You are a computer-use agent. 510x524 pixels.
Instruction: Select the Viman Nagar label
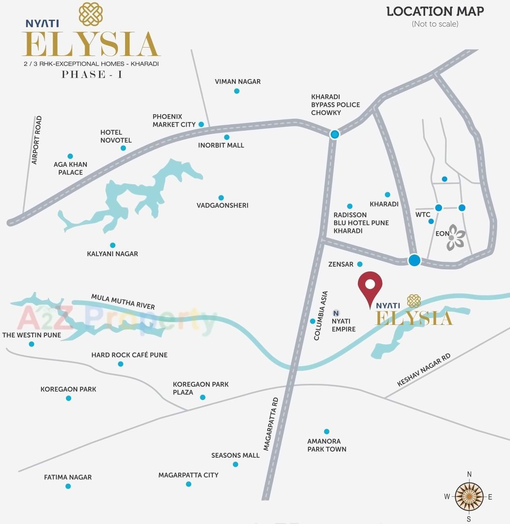(x=237, y=82)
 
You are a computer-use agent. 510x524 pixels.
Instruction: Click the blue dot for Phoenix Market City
(x=201, y=125)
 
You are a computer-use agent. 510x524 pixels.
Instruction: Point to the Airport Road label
(x=37, y=140)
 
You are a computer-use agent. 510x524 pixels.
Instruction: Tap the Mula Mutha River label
(x=123, y=302)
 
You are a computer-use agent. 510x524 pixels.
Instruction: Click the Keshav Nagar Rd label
(x=424, y=370)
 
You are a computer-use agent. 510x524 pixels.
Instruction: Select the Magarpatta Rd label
(x=271, y=424)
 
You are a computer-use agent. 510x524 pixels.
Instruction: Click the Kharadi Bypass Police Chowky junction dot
(x=335, y=134)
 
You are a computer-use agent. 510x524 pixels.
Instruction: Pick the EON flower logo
(x=456, y=238)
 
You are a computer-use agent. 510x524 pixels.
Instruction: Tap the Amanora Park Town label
(x=327, y=445)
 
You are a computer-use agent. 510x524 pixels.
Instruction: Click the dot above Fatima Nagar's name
(x=68, y=486)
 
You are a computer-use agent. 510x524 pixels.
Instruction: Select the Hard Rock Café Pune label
(x=129, y=355)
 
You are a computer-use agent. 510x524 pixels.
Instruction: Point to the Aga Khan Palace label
(x=70, y=169)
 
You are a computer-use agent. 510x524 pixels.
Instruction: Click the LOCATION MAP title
(x=435, y=12)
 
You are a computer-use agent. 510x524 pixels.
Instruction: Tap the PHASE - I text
(x=92, y=74)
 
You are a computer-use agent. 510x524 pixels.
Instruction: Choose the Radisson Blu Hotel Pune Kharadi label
(x=361, y=223)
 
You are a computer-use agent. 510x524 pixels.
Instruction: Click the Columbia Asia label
(x=321, y=316)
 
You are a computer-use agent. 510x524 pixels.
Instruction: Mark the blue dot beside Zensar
(x=360, y=264)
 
